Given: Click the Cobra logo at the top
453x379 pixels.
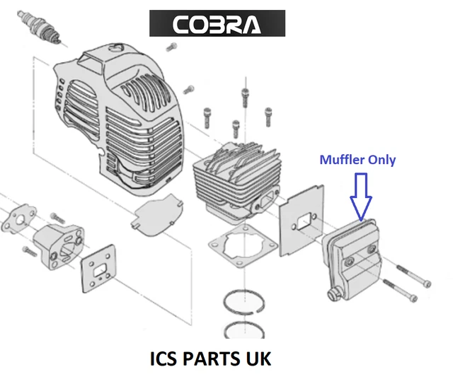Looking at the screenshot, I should [217, 25].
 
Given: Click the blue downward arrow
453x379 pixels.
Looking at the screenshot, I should [360, 195].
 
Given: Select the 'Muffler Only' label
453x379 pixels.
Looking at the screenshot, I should [357, 160].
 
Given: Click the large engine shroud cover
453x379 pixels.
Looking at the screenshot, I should [117, 113].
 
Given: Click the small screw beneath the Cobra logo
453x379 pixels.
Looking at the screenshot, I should [171, 47].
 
